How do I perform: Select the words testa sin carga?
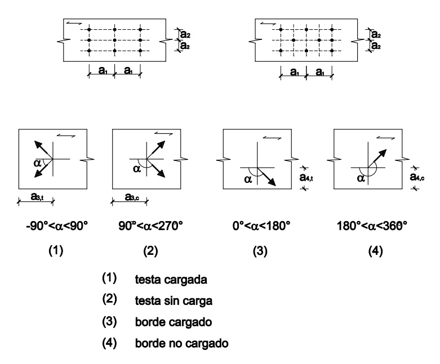[174, 301]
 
